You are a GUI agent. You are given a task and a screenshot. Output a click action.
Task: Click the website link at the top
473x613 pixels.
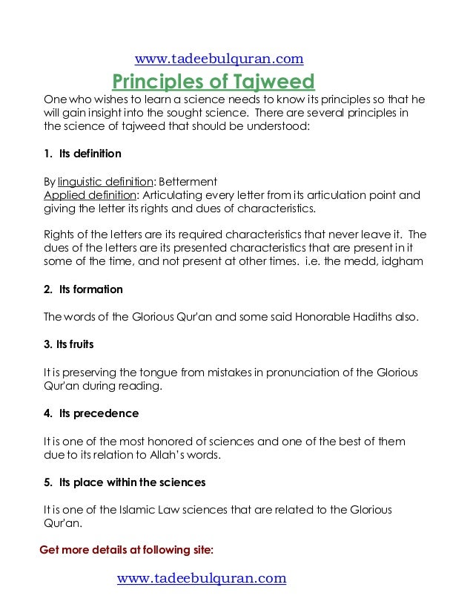[219, 59]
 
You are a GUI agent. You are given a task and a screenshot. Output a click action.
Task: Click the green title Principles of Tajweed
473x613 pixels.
[214, 81]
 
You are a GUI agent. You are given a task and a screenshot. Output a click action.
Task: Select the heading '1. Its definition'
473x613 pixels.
[82, 154]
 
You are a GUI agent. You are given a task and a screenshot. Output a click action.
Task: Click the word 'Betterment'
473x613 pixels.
[190, 182]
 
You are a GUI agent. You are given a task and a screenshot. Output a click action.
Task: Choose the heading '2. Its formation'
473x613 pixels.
[83, 289]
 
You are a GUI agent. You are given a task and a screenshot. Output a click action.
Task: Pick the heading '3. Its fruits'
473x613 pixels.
[69, 344]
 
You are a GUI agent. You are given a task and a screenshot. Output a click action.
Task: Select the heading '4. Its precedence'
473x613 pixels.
[91, 413]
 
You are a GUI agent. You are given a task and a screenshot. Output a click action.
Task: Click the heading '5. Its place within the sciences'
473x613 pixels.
[125, 482]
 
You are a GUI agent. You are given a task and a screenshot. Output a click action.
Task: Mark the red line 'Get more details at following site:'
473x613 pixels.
[126, 550]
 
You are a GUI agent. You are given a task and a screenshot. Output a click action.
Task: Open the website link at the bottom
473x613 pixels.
[202, 578]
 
